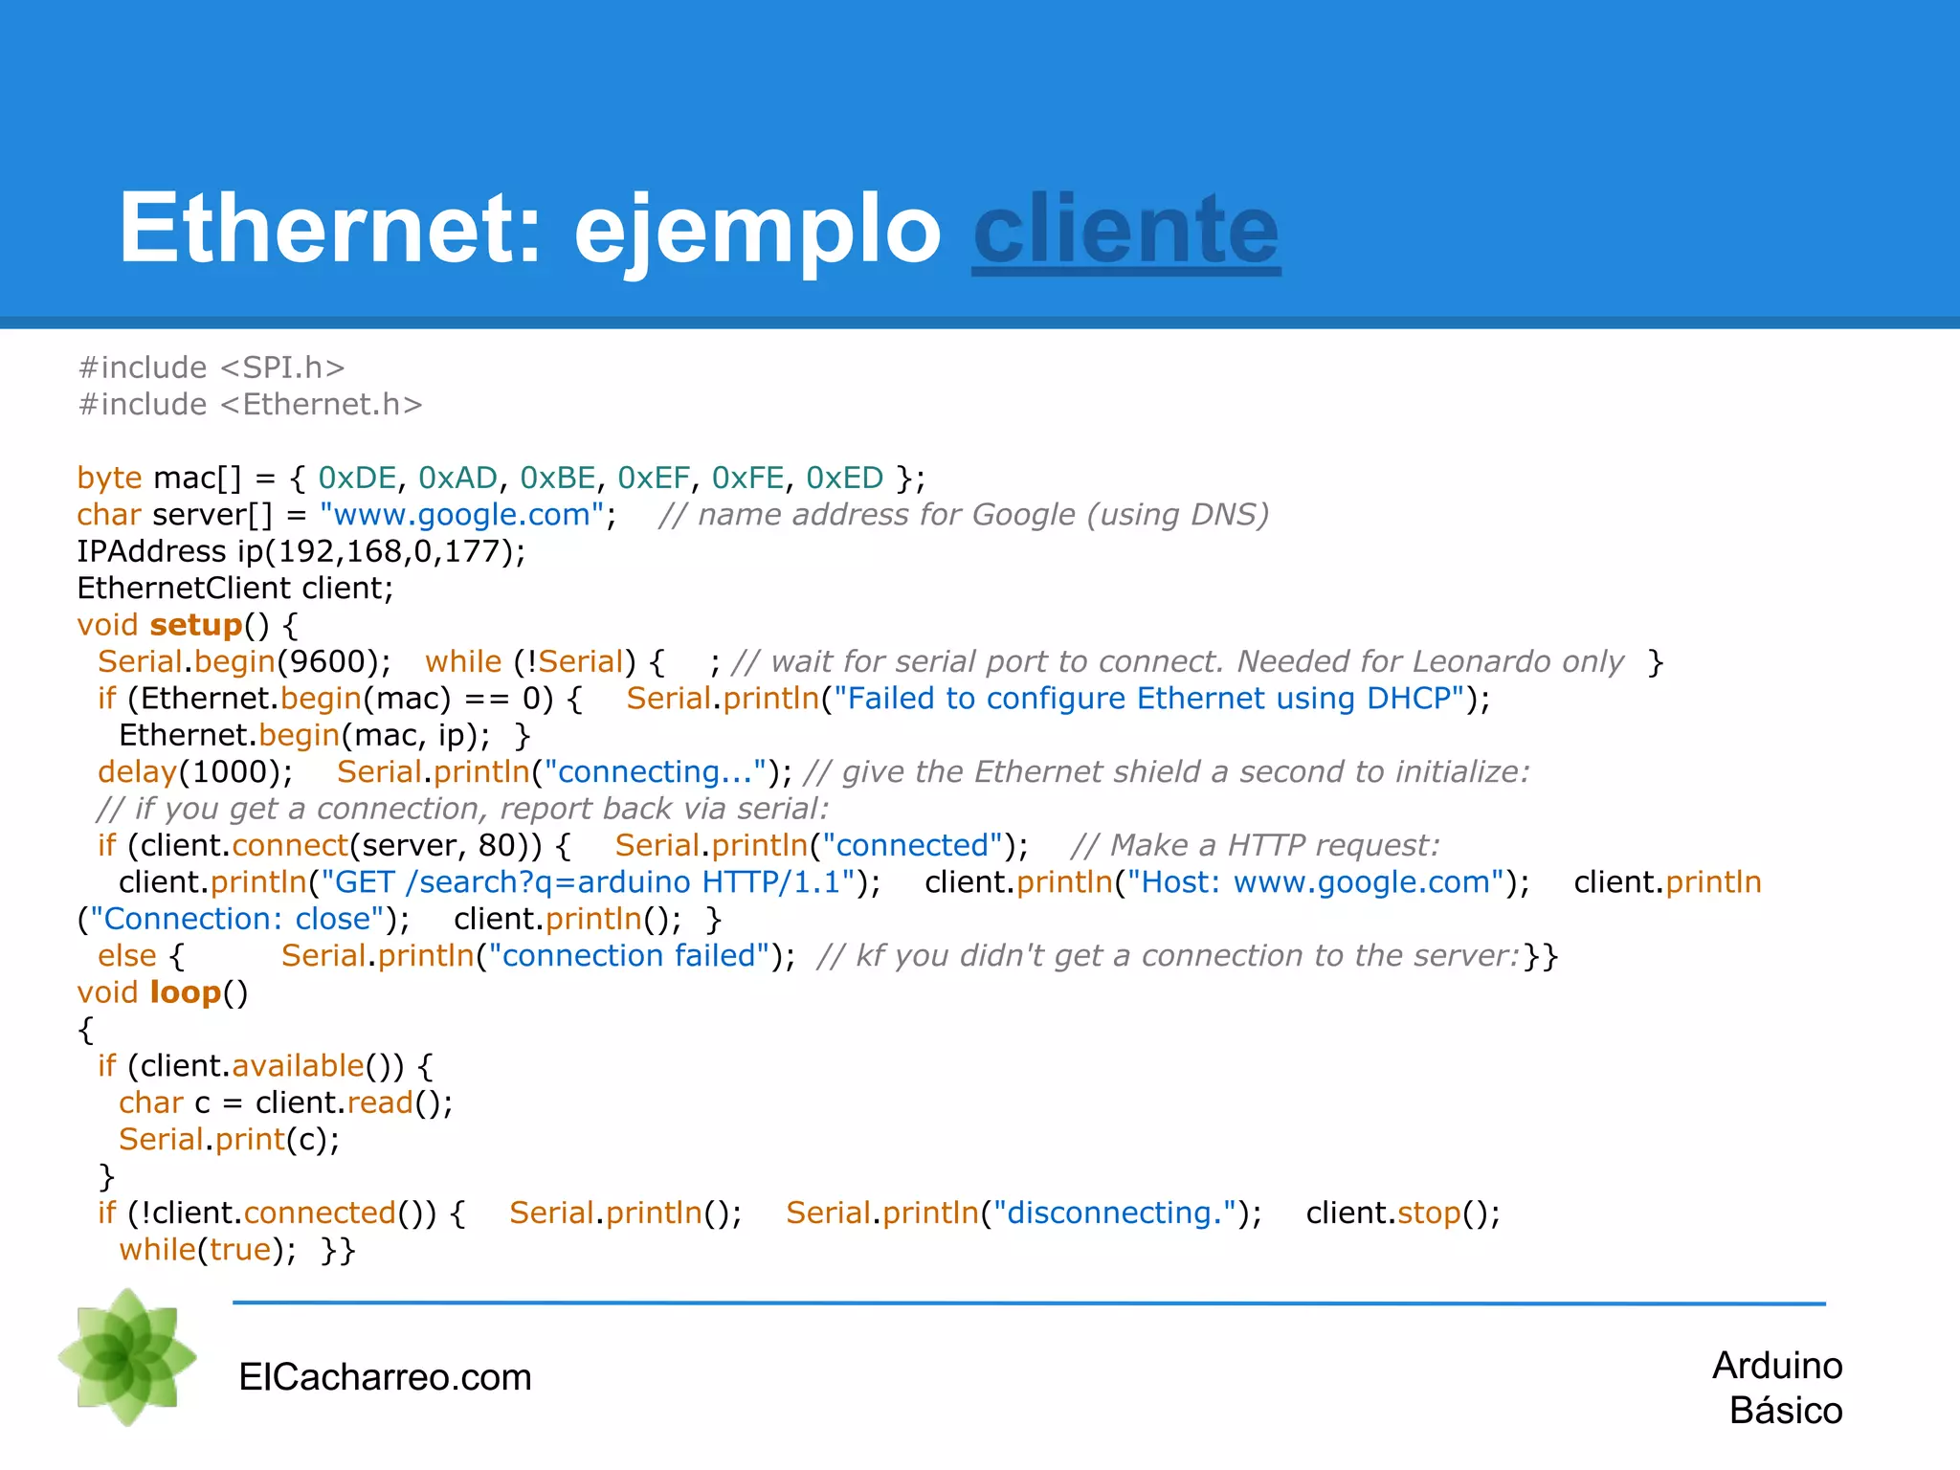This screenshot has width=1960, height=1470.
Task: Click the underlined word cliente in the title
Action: (1125, 231)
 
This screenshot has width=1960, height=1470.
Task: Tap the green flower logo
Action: (127, 1356)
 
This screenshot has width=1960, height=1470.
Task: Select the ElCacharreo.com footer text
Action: (385, 1377)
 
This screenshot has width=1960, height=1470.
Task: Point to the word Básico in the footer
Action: (1785, 1411)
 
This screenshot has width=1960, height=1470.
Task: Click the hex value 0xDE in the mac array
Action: (357, 478)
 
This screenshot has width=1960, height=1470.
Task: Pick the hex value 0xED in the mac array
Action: (844, 478)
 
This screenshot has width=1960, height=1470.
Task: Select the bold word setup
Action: (195, 625)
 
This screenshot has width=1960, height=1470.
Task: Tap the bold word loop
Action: (186, 992)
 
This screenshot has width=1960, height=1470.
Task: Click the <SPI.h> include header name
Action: (282, 367)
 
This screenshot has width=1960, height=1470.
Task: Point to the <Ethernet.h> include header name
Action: (322, 405)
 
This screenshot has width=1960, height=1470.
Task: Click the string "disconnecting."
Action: (1115, 1213)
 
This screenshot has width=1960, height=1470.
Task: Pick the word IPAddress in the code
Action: (151, 551)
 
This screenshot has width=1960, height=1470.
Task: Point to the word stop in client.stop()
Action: (1429, 1213)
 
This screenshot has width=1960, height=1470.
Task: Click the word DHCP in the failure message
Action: (1409, 699)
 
